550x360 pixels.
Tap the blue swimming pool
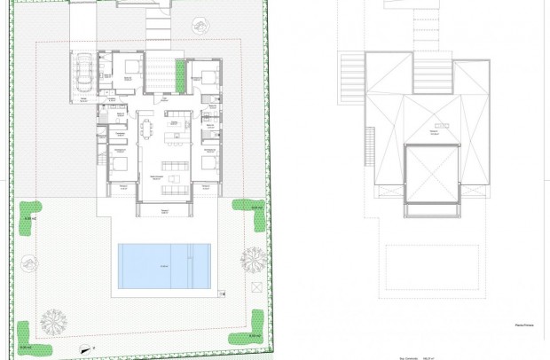click(x=164, y=265)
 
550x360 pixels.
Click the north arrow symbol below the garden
click(x=85, y=348)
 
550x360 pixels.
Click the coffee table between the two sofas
click(x=175, y=178)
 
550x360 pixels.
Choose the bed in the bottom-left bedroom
click(x=122, y=163)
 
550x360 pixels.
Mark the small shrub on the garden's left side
click(x=27, y=262)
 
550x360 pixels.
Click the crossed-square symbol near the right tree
click(x=256, y=286)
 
